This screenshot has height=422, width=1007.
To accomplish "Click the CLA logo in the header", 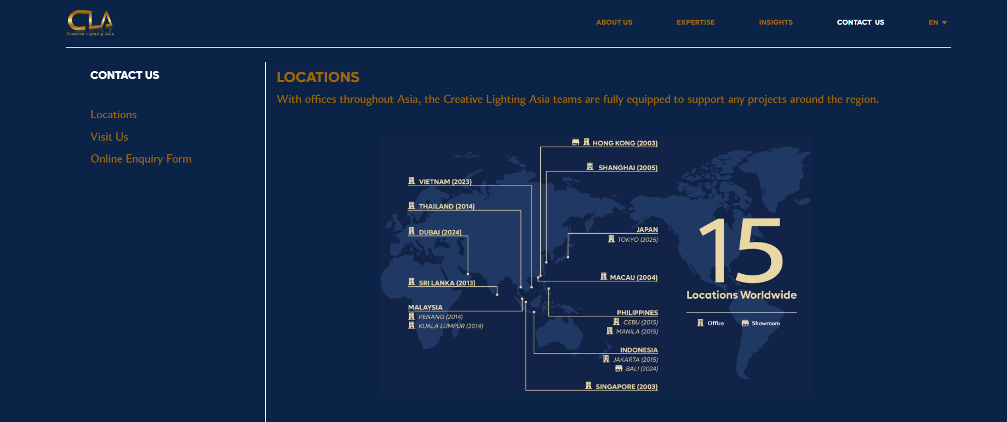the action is pos(90,23).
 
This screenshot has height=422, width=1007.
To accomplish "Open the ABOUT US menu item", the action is pos(614,22).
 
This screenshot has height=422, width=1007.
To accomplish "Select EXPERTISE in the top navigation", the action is pos(695,22).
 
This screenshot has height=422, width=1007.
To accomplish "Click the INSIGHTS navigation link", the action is pos(776,22).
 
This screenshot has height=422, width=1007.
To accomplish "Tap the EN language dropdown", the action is pos(937,22).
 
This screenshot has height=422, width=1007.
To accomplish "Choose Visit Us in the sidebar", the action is pos(109,137).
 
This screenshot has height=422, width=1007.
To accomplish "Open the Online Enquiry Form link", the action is pos(141,159).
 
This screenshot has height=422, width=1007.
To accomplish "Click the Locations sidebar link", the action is pos(113,114).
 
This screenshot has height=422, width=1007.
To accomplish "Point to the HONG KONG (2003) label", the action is pos(625,143).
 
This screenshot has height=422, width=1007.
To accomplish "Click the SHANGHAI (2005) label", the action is pos(628,167).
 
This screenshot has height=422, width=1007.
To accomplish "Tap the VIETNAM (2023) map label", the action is pos(445,182).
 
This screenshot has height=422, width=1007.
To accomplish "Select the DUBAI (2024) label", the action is pos(440,232).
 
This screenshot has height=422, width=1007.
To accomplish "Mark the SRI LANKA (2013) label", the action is pos(447,283).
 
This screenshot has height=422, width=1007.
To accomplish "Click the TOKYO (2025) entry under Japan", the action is pos(638,240).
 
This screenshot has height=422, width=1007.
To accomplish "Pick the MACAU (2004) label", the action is pos(633,278).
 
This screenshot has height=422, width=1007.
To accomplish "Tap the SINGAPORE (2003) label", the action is pos(626,386).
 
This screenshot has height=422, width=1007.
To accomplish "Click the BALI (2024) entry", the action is pos(642,369).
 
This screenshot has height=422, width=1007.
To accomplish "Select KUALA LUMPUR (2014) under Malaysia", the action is pos(450,326).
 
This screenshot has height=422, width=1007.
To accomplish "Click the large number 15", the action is pos(741,250).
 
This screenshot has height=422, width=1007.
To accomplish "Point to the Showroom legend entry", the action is pos(765,323).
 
